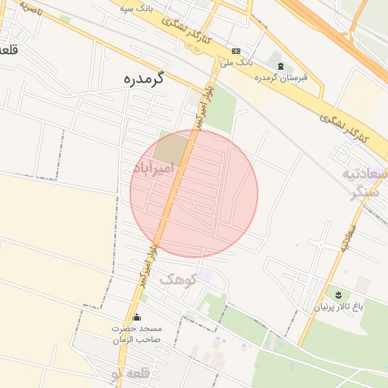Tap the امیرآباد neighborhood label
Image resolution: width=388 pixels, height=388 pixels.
point(154,167)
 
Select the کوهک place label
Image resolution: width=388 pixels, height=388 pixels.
point(178,279)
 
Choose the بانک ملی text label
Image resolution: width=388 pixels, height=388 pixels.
point(237,62)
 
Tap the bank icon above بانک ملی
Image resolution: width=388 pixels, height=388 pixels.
point(237,51)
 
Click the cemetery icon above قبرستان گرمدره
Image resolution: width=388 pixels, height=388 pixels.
point(282,67)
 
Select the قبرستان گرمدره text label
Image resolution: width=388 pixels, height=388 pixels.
point(274,78)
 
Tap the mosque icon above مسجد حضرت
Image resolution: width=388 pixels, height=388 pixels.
point(136,318)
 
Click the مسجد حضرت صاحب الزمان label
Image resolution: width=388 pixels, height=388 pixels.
point(137,334)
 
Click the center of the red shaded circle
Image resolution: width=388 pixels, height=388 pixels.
point(194,193)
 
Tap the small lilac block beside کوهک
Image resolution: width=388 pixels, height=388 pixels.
point(205,278)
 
